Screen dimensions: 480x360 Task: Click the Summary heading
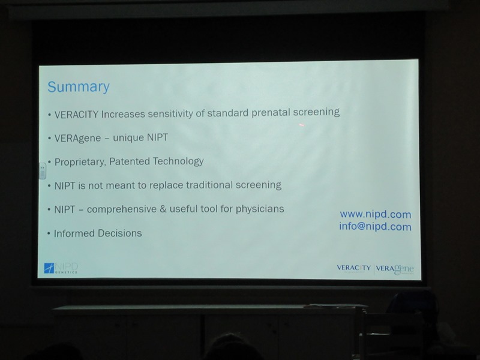tap(79, 87)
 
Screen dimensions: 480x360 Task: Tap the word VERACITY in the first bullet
tap(76, 115)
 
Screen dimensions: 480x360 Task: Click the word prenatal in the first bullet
tap(271, 112)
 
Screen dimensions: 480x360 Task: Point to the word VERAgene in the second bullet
tap(78, 139)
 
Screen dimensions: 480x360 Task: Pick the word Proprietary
tap(80, 162)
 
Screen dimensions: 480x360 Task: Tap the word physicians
tap(260, 209)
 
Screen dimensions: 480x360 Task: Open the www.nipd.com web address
tap(376, 215)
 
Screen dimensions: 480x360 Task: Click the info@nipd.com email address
tap(376, 227)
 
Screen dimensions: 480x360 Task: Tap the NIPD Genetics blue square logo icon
tap(49, 268)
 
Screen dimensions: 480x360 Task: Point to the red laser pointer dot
tap(302, 125)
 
